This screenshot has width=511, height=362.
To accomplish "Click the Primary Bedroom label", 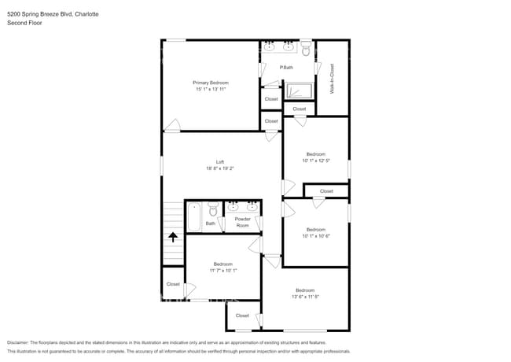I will pyautogui.click(x=211, y=82).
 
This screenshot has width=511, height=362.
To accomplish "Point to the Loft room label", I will pyautogui.click(x=220, y=161).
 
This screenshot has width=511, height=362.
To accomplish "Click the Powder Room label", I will pyautogui.click(x=242, y=222).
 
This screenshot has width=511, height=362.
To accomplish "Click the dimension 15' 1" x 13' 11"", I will pyautogui.click(x=211, y=89).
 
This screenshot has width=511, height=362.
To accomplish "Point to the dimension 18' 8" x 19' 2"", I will pyautogui.click(x=220, y=168).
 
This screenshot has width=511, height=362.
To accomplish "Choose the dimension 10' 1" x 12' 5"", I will pyautogui.click(x=315, y=161).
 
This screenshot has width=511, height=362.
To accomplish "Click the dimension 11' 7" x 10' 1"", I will pyautogui.click(x=222, y=270).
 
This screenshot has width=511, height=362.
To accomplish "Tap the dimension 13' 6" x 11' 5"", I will pyautogui.click(x=305, y=297).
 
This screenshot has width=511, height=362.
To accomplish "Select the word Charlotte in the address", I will pyautogui.click(x=95, y=14).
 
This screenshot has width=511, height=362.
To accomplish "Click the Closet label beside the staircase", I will pyautogui.click(x=173, y=284).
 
